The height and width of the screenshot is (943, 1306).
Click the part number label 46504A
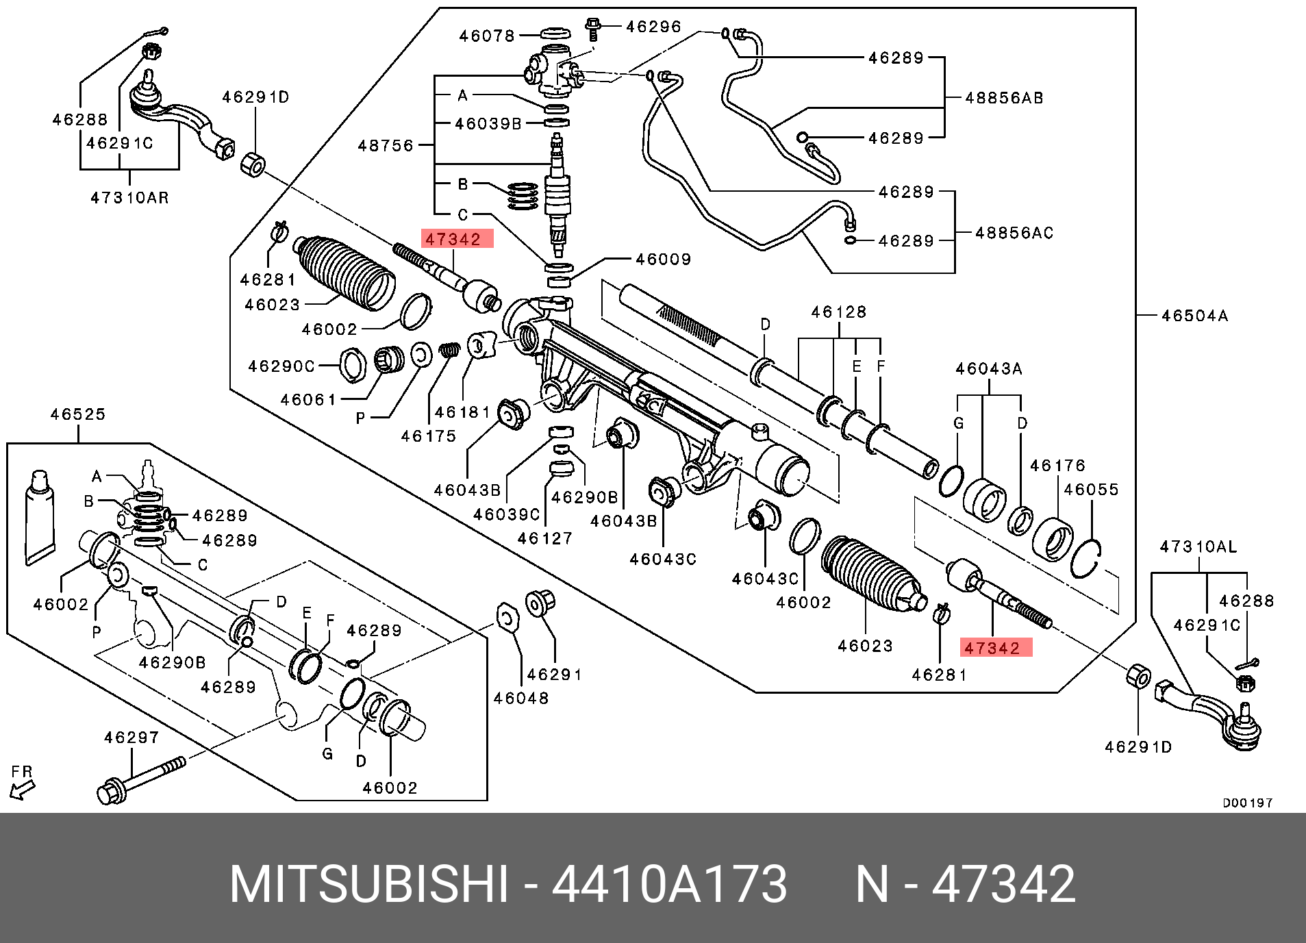tap(1194, 316)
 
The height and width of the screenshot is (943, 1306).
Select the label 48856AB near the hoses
tap(1004, 98)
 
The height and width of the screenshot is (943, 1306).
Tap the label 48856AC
tap(1014, 233)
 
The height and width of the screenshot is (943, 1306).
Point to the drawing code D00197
tap(1247, 803)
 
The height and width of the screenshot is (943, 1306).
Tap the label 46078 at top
tap(486, 36)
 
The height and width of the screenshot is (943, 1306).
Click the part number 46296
tap(653, 27)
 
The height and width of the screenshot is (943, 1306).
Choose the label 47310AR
tap(129, 198)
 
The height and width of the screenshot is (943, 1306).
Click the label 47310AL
tap(1198, 546)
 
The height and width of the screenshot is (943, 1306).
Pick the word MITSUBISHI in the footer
tap(369, 884)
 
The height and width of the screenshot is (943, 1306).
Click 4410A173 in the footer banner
tap(669, 884)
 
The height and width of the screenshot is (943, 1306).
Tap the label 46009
tap(663, 259)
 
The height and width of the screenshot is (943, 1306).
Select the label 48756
tap(386, 145)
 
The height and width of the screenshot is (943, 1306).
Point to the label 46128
tap(838, 312)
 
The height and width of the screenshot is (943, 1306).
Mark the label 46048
tap(520, 698)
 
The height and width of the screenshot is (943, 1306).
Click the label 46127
tap(544, 538)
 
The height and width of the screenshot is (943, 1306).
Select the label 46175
tap(428, 436)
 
